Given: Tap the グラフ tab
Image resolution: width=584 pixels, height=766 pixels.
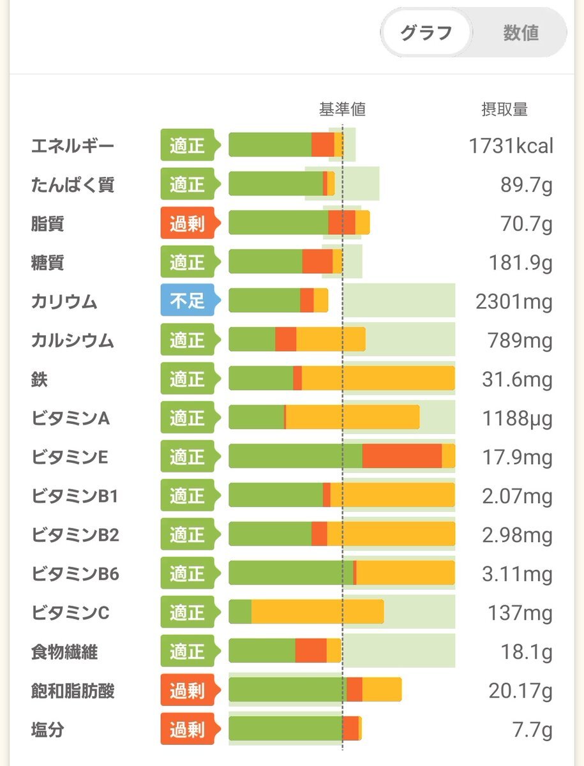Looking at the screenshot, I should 426,33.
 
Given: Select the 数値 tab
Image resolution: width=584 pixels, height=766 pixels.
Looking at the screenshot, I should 521,33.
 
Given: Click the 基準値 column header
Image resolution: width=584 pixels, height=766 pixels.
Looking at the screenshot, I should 342,109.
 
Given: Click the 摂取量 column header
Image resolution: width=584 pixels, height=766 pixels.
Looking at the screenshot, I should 504,109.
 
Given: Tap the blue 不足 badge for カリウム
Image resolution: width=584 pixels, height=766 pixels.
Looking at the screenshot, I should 188,300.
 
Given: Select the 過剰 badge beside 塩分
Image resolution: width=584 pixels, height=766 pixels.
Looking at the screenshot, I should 188,728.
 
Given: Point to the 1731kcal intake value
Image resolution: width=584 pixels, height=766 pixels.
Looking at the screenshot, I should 511,146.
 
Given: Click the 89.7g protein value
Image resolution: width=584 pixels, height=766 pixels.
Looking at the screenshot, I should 527,185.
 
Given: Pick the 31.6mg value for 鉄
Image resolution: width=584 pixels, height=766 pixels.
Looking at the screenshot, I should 517,380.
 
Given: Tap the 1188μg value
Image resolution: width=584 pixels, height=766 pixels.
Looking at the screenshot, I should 514,419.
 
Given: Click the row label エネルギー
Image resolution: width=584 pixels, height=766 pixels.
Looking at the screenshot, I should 73,146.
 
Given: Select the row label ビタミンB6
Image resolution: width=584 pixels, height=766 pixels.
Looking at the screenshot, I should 75,574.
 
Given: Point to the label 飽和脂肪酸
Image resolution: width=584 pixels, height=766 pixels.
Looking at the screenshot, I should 73,691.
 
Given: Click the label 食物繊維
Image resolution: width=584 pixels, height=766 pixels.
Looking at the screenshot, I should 64,652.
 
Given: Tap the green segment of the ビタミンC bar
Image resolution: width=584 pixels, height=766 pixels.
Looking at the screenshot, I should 240,613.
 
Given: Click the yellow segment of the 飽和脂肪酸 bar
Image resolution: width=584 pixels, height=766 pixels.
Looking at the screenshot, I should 382,690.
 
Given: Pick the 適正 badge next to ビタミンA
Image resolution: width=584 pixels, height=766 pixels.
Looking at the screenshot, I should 188,418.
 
